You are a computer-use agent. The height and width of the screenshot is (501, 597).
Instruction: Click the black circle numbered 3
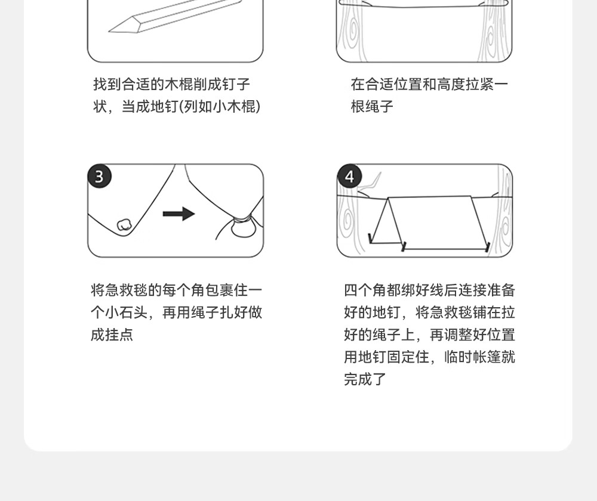pyautogui.click(x=99, y=176)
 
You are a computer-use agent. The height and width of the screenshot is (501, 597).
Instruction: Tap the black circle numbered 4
pyautogui.click(x=349, y=176)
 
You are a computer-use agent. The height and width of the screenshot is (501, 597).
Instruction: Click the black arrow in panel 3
pyautogui.click(x=179, y=214)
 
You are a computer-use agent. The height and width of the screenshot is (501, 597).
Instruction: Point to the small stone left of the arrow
pyautogui.click(x=124, y=224)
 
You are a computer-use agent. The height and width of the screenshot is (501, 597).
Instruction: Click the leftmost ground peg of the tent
pyautogui.click(x=370, y=238)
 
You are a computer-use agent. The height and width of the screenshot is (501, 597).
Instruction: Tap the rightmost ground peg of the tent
pyautogui.click(x=487, y=246)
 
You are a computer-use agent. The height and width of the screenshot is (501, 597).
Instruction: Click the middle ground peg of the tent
pyautogui.click(x=404, y=246)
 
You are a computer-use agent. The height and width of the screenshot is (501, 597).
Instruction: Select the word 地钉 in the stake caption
pyautogui.click(x=165, y=107)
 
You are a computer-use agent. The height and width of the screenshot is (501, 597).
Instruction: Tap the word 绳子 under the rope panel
pyautogui.click(x=379, y=107)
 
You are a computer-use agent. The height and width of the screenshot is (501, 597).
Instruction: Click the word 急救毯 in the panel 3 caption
pyautogui.click(x=126, y=290)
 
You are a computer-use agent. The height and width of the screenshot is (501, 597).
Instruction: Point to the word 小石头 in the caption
pyautogui.click(x=126, y=313)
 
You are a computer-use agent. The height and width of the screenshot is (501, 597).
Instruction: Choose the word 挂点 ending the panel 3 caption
pyautogui.click(x=119, y=335)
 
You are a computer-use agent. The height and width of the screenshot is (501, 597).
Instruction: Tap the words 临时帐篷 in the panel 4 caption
pyautogui.click(x=472, y=357)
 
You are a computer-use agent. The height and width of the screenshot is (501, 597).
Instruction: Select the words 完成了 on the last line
pyautogui.click(x=365, y=379)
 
